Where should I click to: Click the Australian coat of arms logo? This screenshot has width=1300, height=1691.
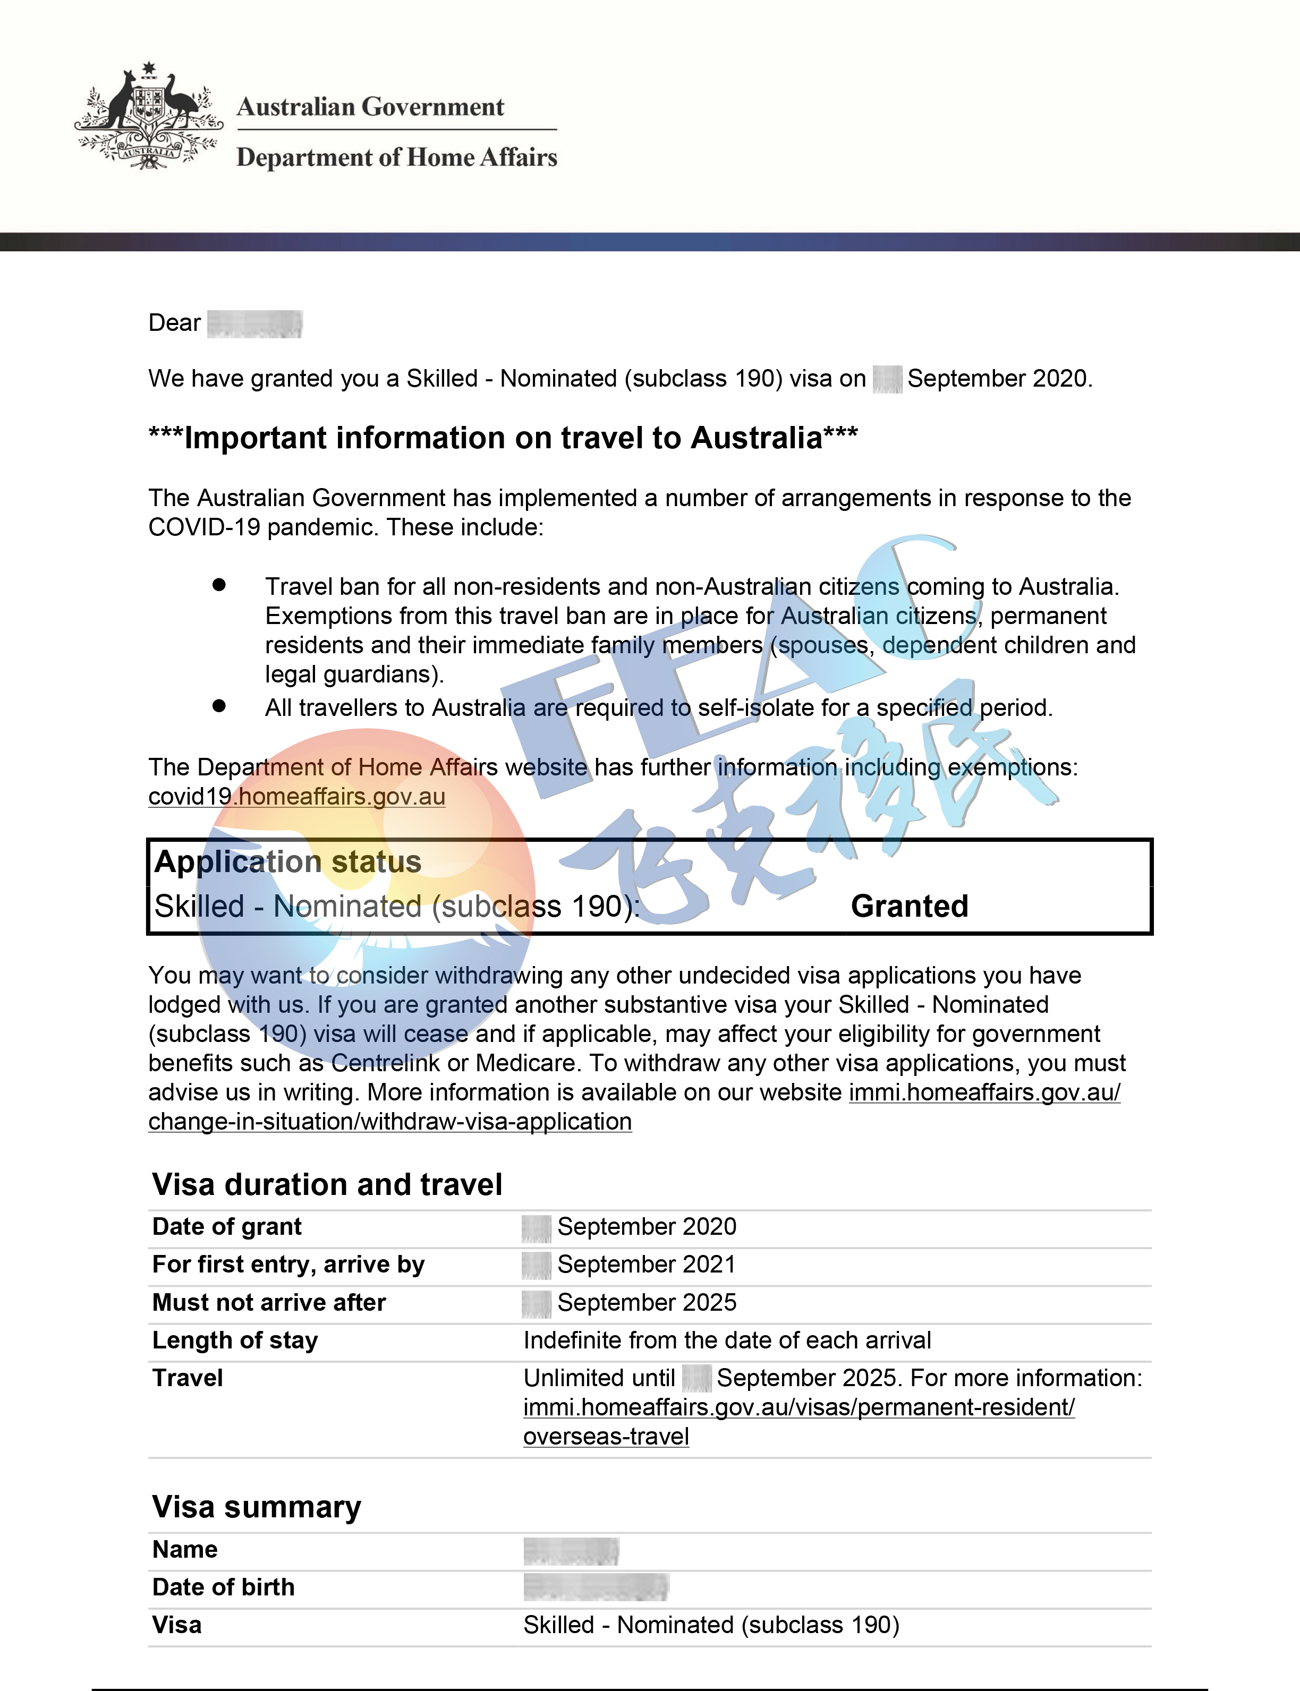149,116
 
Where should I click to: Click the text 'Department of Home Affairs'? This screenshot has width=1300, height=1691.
396,157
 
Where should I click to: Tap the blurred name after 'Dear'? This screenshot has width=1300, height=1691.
254,323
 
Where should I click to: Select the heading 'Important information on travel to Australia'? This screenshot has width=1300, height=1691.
503,438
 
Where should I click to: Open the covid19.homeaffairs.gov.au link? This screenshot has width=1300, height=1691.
296,796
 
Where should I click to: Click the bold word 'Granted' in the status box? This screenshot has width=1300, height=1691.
909,906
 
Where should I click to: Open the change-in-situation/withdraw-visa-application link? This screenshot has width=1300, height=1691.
390,1121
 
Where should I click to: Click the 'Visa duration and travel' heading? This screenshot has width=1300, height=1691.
327,1184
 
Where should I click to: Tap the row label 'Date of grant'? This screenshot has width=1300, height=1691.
227,1226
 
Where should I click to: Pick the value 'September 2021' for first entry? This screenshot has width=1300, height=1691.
646,1264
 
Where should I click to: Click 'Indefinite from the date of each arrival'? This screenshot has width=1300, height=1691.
727,1340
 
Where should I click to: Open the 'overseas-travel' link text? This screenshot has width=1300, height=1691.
606,1437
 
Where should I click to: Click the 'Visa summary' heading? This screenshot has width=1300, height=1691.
256,1507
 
